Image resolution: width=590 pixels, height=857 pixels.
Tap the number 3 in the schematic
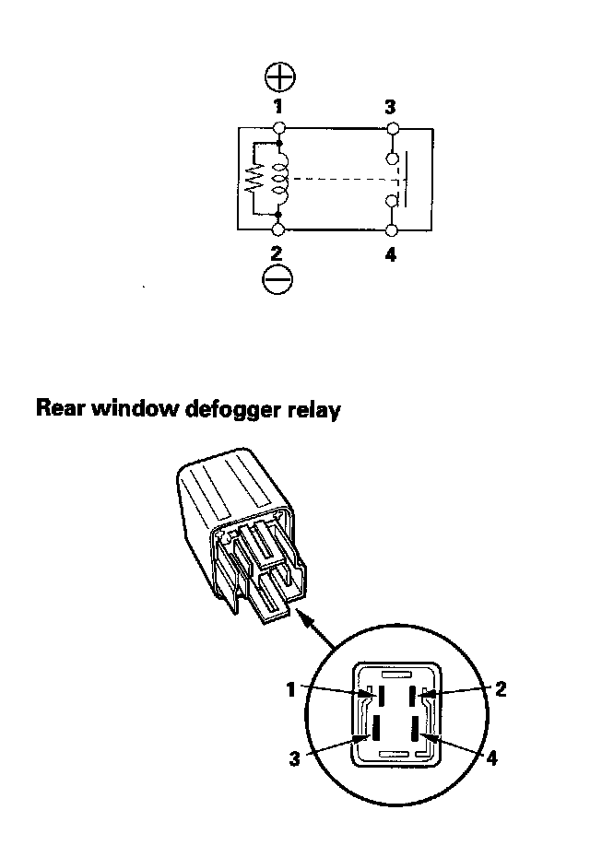click(390, 107)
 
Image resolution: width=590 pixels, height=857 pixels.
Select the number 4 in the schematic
click(391, 254)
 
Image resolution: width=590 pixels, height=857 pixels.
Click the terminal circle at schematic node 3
click(392, 127)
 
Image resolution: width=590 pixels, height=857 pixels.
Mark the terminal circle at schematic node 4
click(392, 229)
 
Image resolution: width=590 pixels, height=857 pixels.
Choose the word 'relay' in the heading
click(312, 409)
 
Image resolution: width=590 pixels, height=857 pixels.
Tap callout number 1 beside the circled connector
click(291, 687)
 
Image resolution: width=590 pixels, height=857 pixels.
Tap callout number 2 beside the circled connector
click(501, 687)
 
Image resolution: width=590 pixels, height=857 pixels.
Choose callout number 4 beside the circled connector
click(491, 758)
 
